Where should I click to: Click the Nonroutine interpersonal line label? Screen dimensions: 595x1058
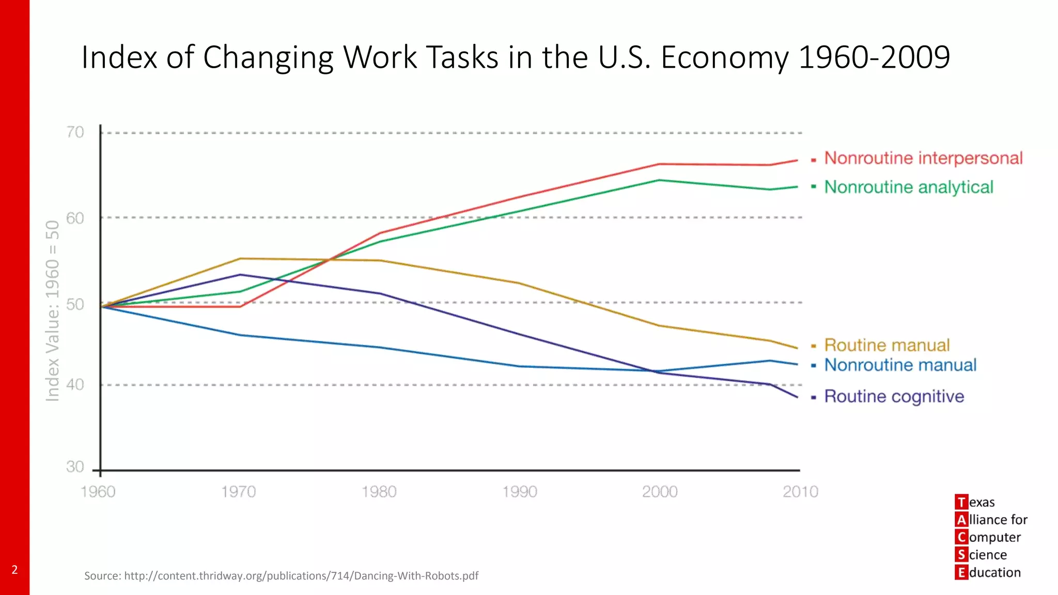[x=923, y=158]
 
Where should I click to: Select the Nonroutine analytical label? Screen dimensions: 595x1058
[x=908, y=187]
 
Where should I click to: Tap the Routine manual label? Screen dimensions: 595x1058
[x=886, y=345]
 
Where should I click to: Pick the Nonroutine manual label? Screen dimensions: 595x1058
[x=900, y=365]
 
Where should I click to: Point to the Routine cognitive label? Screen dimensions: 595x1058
[x=894, y=397]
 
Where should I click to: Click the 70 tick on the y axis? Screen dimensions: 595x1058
[x=75, y=133]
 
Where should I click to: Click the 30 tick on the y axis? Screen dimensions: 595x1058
[x=75, y=467]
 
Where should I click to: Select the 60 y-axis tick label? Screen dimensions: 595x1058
[x=75, y=218]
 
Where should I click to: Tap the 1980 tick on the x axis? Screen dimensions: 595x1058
[x=379, y=492]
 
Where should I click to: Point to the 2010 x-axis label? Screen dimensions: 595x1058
[x=800, y=492]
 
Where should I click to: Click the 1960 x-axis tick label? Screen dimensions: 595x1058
[x=98, y=492]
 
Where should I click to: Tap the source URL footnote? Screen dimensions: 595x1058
[x=282, y=576]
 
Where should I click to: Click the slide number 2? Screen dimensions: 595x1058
[x=14, y=570]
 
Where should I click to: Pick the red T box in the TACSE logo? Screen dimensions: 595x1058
[x=961, y=502]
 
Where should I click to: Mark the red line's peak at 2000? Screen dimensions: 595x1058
[x=660, y=164]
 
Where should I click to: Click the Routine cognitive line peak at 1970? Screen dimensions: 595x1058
[x=240, y=275]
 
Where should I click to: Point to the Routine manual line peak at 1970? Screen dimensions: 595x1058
[x=240, y=259]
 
